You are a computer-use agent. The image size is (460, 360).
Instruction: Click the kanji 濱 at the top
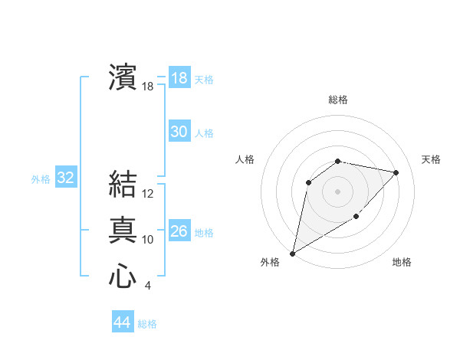coord(122,77)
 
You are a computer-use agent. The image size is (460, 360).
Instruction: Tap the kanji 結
coord(122,185)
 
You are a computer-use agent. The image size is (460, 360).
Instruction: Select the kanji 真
coord(122,231)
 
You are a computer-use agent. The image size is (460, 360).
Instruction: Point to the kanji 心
coord(122,277)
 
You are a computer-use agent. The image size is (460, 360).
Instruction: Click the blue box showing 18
coord(179,78)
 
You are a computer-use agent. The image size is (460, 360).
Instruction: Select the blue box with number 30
coord(179,132)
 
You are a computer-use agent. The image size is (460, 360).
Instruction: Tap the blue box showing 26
coord(179,231)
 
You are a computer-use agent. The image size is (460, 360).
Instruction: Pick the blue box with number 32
coord(65,178)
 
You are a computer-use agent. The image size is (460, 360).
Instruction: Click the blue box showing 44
coord(122,322)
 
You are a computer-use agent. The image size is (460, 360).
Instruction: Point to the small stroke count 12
coord(148,194)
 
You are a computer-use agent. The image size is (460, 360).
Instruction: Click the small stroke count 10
coord(148,240)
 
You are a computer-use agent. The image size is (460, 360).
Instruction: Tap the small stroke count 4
coord(147,286)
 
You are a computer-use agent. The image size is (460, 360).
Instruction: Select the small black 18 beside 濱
coord(148,87)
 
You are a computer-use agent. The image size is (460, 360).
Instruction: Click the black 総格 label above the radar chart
coord(337,100)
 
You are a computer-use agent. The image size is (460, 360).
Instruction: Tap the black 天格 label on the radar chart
coord(431,159)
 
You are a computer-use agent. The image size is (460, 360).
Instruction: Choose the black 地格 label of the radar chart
coord(402,262)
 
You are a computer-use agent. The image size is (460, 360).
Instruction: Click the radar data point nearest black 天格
coord(396,172)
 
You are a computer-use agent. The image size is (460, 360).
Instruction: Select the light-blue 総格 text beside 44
coord(147,324)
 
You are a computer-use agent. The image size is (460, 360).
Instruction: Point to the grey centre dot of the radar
coord(337,191)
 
